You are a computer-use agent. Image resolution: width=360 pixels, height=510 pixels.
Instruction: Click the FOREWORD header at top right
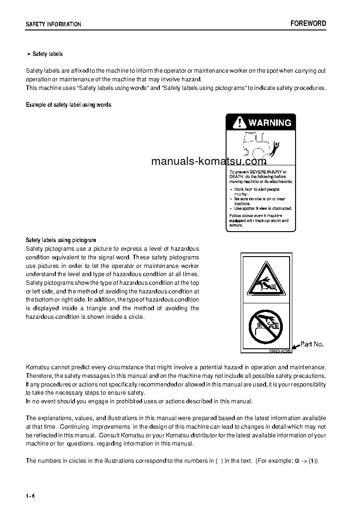tap(308, 24)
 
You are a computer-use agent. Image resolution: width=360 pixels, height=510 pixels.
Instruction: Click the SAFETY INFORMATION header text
tap(54, 25)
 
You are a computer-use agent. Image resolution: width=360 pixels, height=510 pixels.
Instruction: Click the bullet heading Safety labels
tap(47, 54)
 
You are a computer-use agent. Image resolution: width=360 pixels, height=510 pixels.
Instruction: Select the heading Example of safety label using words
tap(69, 105)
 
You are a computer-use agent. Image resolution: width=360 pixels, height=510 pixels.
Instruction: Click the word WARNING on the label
tap(270, 123)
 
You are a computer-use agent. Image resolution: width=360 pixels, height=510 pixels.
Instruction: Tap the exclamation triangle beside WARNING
tap(238, 123)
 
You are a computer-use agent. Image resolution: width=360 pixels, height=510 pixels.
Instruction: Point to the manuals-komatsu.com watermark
tap(208, 161)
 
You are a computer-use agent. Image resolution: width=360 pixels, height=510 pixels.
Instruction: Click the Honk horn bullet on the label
tap(256, 189)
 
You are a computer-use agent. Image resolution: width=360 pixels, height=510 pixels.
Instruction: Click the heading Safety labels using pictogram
tap(61, 240)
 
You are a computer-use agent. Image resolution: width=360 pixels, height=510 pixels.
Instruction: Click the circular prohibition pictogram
tap(266, 326)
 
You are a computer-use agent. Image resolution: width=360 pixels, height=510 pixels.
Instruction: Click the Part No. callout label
tap(312, 344)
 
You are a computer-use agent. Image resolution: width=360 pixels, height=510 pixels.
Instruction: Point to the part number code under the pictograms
tap(279, 351)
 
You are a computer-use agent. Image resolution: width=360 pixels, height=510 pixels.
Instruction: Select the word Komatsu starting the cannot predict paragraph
tap(37, 366)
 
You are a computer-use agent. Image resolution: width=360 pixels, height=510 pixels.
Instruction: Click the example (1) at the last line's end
tap(313, 460)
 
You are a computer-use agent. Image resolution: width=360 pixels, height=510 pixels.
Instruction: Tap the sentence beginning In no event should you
tap(139, 401)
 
